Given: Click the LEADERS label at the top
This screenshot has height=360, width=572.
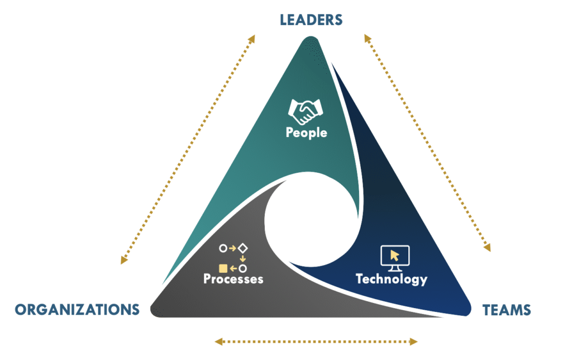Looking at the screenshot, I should [x=311, y=20].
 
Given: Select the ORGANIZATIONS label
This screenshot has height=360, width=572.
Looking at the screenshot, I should [x=77, y=309].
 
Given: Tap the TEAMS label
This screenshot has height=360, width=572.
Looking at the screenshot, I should [x=507, y=309].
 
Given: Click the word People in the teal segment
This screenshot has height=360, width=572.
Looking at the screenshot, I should [x=306, y=133].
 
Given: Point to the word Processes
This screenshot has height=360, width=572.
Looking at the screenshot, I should [x=233, y=278].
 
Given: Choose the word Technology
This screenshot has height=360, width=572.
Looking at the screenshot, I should [x=391, y=278].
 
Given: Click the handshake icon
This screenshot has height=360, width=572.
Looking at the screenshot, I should [x=306, y=111].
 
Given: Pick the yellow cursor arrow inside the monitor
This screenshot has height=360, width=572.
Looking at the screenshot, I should [x=395, y=255].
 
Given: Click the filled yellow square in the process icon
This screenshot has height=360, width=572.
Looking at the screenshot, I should [x=223, y=268].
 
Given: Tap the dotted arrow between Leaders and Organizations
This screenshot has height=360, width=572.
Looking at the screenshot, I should [x=187, y=149].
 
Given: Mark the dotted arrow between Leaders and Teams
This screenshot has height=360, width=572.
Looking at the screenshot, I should [x=427, y=143].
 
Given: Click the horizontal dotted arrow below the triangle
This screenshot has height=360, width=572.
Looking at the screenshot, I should [x=317, y=340].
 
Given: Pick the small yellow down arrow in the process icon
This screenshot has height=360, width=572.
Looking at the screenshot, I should [x=243, y=258].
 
